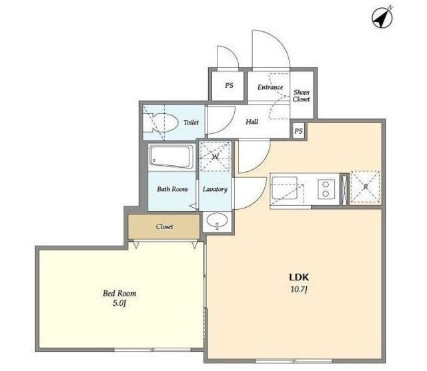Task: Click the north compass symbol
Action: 382,17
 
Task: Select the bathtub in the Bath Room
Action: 171,157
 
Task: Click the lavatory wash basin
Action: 217,220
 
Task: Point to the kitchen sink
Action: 285,188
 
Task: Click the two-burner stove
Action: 326,189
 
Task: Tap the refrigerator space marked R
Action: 365,187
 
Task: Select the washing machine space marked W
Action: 215,157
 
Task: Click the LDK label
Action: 299,277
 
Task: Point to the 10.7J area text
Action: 299,290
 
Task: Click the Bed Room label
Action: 119,293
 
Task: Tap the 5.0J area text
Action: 119,303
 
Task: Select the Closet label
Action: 164,226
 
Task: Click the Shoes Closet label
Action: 301,96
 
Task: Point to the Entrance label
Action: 270,87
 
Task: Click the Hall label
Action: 252,121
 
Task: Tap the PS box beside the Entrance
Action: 228,85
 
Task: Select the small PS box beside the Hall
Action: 298,131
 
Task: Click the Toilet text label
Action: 191,123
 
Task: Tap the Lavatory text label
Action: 215,189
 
